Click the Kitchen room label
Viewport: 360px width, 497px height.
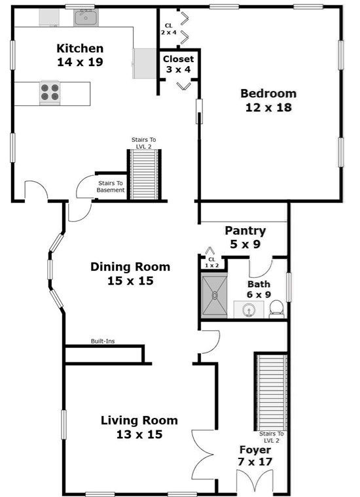[79, 55]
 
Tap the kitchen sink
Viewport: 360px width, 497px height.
[85, 18]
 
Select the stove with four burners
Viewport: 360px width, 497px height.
[49, 92]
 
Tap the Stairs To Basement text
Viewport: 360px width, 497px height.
[111, 187]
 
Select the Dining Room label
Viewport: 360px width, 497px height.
[130, 273]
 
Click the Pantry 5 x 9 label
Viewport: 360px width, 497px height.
[245, 237]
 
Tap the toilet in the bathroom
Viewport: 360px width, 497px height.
[277, 308]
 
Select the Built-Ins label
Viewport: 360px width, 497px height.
[104, 341]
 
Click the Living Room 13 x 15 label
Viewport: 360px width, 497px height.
[138, 427]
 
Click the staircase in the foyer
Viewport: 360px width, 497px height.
[270, 390]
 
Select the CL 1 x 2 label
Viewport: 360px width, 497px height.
[211, 262]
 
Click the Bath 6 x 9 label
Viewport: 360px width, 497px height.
[259, 289]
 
